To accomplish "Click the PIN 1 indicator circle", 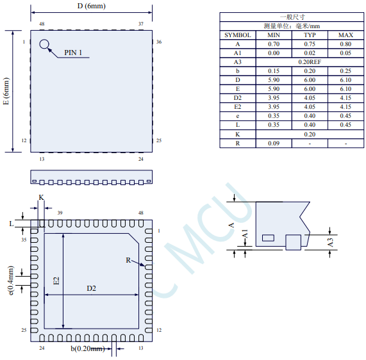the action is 44,40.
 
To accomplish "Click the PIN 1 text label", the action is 73,53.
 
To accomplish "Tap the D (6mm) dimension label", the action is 92,6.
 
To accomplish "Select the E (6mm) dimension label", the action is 6,91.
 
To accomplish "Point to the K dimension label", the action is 41,197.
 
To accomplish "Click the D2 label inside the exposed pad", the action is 91,288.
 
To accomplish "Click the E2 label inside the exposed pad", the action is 56,281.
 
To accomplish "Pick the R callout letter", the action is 128,260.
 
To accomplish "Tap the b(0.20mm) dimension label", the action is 88,348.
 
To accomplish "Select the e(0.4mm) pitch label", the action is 11,280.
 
